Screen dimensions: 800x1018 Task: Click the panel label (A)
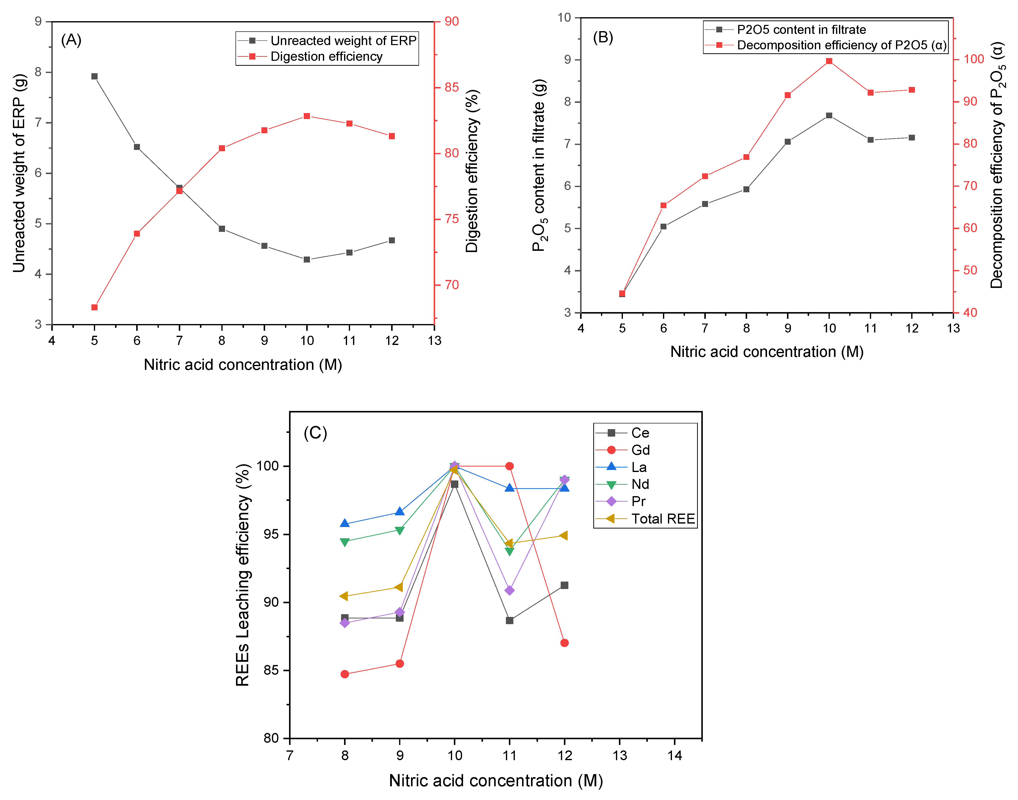(x=71, y=40)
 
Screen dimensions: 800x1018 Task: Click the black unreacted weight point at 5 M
(x=94, y=76)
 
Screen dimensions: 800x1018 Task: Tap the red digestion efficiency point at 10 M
(x=307, y=116)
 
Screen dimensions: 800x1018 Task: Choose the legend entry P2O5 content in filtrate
(x=801, y=29)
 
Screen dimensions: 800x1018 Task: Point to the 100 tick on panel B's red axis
(x=973, y=60)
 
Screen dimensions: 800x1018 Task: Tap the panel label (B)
(x=603, y=37)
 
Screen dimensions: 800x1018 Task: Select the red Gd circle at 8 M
(x=345, y=674)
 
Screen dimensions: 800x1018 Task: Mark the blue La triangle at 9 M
(x=399, y=512)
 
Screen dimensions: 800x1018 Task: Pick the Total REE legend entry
(x=662, y=519)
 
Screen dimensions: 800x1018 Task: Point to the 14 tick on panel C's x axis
(x=674, y=755)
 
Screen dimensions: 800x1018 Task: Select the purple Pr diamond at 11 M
(x=509, y=590)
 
